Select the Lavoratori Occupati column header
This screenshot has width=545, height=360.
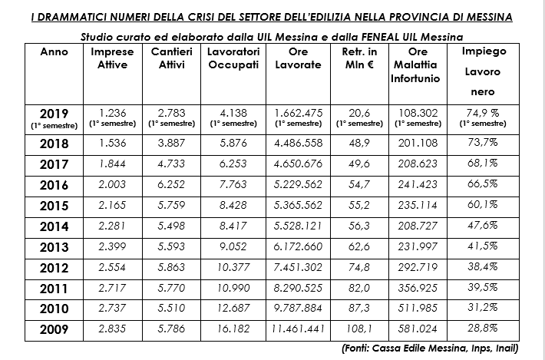[233, 58]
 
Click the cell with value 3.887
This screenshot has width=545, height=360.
[170, 144]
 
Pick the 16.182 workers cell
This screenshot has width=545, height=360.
[233, 329]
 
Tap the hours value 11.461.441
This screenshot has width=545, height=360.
[297, 329]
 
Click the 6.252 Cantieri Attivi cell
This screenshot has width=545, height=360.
[170, 185]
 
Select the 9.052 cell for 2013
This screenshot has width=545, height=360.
[233, 247]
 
